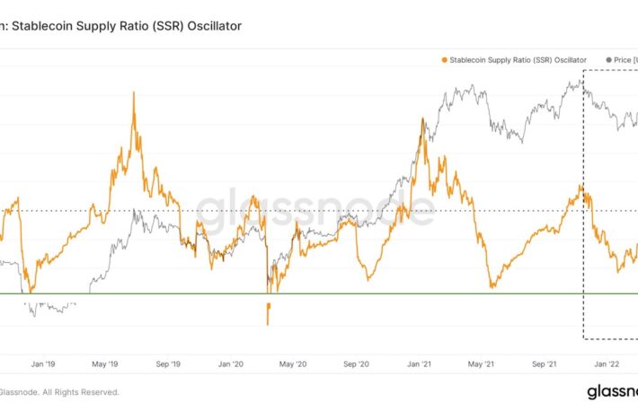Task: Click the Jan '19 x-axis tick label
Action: click(x=43, y=365)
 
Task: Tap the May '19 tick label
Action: click(x=106, y=365)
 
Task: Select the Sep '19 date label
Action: click(x=169, y=365)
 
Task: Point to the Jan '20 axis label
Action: click(x=231, y=365)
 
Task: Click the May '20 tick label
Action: click(x=294, y=365)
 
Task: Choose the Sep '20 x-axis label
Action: click(x=357, y=365)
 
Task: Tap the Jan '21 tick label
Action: click(x=420, y=365)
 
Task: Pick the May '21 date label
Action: click(x=483, y=365)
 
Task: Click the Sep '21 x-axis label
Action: click(x=545, y=365)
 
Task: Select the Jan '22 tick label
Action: click(x=607, y=365)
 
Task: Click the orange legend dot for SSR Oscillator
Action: click(x=444, y=60)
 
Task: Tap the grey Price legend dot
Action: click(x=608, y=60)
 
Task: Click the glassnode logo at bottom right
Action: click(x=611, y=391)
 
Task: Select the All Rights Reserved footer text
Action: click(x=76, y=391)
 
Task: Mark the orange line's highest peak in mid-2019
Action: click(x=134, y=92)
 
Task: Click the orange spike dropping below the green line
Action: click(x=268, y=314)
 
